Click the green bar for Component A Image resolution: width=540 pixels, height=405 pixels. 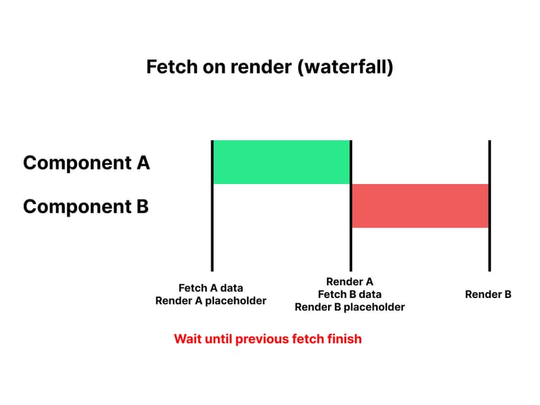coord(282,162)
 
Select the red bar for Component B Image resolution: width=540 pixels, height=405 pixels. coord(420,205)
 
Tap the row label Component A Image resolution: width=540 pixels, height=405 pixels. coord(86,162)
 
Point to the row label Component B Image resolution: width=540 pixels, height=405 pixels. coord(85,207)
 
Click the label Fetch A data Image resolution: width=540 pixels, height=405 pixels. coord(211,288)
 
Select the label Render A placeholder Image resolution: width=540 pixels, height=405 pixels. coord(211,301)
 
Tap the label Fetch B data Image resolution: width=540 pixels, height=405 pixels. coord(350,294)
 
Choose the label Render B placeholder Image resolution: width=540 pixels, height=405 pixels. coord(350,307)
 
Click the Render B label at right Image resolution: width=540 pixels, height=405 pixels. coord(488,294)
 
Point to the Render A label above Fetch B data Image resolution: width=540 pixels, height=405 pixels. coord(350,282)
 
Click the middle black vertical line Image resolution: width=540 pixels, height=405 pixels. coord(351,248)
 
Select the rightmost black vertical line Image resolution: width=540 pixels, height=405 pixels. coord(489,248)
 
